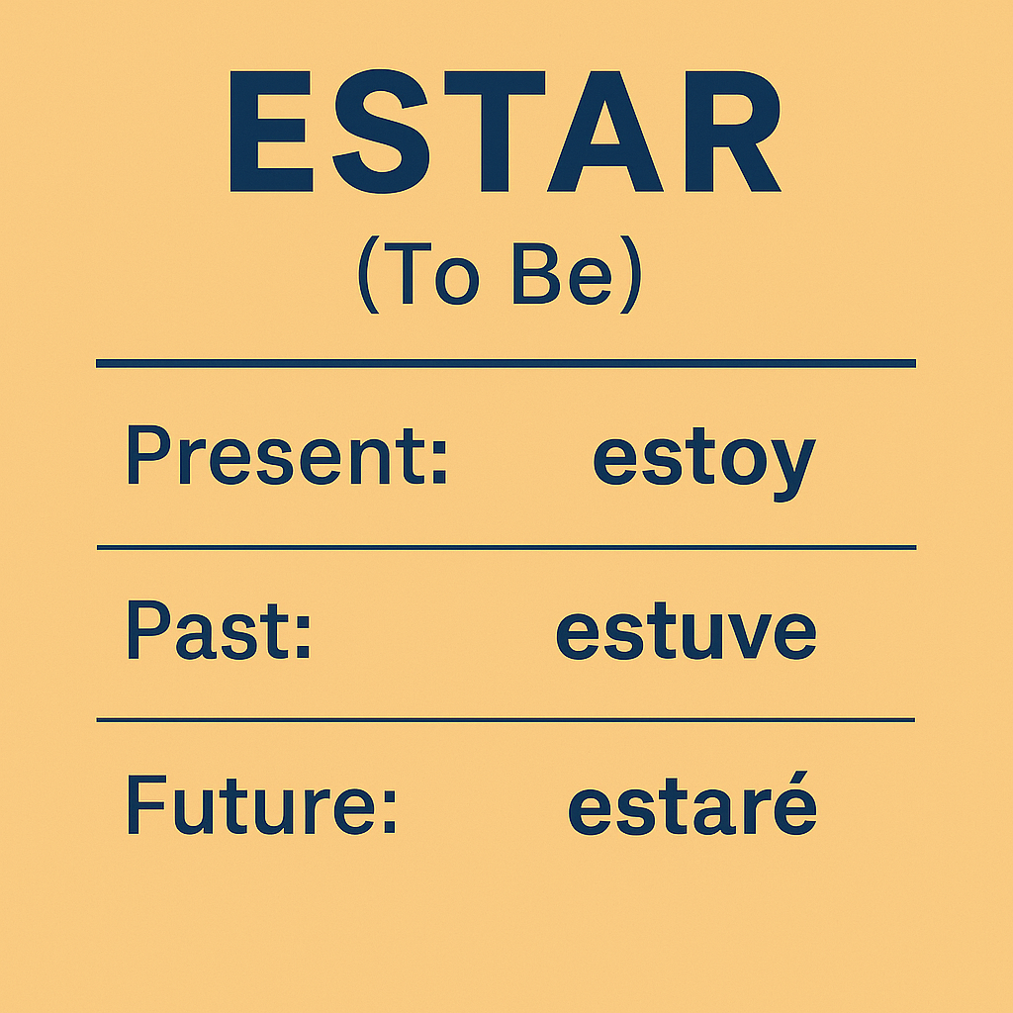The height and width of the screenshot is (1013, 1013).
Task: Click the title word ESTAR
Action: (506, 132)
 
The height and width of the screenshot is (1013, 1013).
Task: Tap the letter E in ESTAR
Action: (271, 132)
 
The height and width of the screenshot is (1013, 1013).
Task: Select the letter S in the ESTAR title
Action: (381, 132)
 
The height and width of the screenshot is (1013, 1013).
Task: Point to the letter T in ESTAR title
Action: (495, 132)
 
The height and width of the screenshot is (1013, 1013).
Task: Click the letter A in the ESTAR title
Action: (605, 132)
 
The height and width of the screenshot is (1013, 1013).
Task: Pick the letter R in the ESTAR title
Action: (733, 132)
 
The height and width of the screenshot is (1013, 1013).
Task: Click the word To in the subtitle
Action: (431, 273)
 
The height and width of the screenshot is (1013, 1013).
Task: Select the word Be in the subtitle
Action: (562, 273)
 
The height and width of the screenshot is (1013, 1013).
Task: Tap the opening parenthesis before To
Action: (369, 275)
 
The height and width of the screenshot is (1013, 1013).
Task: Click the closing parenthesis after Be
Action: (630, 275)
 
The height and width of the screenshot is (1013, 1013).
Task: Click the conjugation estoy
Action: (704, 464)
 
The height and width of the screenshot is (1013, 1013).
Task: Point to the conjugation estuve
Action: (687, 630)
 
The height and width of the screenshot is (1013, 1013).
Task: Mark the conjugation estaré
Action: (692, 803)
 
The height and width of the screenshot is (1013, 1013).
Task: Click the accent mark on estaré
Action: (798, 777)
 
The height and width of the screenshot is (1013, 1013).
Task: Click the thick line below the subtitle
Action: (506, 363)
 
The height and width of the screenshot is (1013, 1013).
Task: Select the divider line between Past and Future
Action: (506, 720)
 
